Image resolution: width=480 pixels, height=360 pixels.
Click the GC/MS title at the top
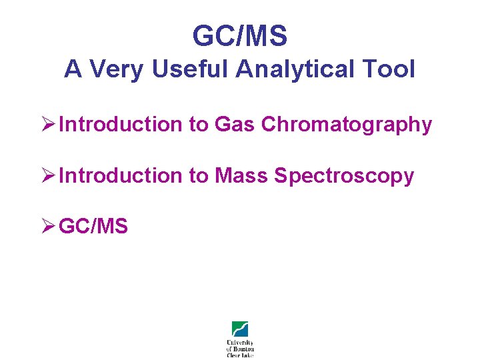[x=240, y=36]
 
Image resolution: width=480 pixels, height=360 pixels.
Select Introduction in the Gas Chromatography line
[x=121, y=125]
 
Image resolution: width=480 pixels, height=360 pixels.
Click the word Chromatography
[x=347, y=125]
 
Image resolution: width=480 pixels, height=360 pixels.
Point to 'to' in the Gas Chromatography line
[x=199, y=125]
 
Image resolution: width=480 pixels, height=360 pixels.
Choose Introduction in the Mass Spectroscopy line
[x=121, y=176]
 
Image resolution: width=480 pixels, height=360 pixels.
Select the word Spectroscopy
[x=344, y=177]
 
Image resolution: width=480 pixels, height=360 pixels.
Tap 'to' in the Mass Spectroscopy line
[x=199, y=176]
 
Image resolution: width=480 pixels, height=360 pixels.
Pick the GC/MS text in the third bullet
[x=93, y=227]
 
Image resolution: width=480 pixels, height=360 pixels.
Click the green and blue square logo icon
[x=240, y=329]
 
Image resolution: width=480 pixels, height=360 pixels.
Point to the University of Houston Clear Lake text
[x=240, y=348]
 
